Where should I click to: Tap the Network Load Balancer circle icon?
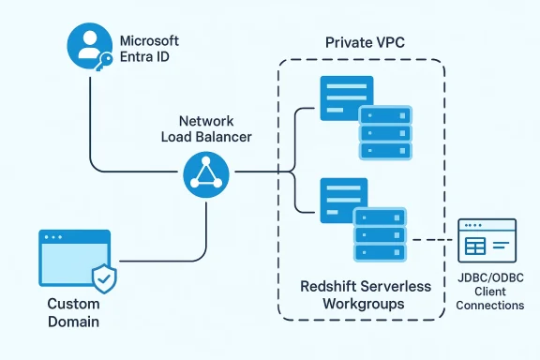point(205,172)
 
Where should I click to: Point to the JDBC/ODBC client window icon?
point(486,240)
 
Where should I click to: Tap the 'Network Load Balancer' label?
point(205,129)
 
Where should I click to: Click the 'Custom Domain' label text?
point(73,313)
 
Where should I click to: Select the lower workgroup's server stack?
point(379,234)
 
